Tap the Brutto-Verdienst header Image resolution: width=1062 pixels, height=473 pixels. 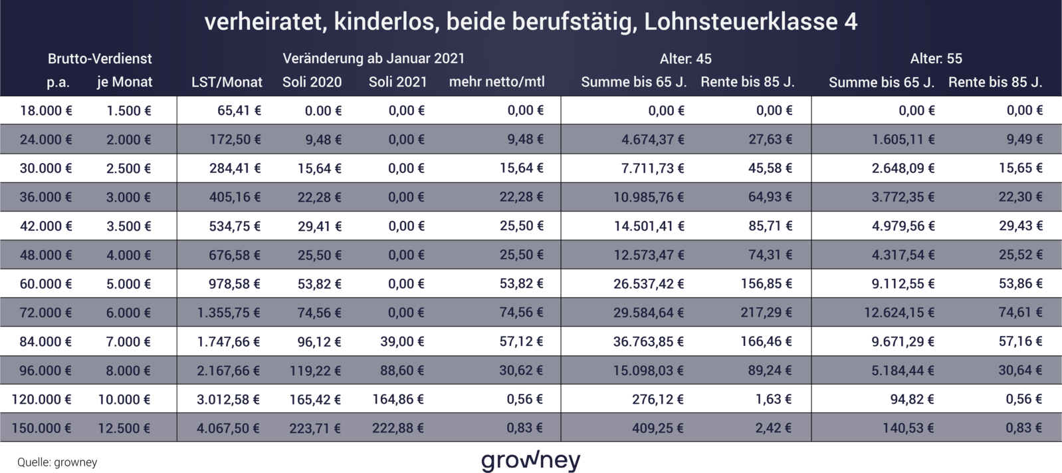click(100, 59)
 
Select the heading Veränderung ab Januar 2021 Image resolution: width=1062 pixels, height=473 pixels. click(373, 59)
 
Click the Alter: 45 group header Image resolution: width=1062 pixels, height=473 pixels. click(685, 59)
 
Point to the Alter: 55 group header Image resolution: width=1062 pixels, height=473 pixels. click(936, 59)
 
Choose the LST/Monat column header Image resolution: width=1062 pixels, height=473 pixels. click(227, 82)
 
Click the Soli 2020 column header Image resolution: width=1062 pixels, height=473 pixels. click(312, 82)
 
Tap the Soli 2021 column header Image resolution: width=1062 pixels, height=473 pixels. click(397, 82)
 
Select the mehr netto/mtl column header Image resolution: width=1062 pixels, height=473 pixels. click(496, 82)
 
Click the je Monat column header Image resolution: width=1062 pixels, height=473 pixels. click(124, 82)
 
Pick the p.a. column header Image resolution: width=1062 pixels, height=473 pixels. click(58, 82)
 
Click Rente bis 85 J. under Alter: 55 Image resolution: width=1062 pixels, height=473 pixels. click(995, 82)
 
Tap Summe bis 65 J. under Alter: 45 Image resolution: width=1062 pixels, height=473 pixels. click(633, 82)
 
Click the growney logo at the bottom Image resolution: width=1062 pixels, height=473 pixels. click(531, 460)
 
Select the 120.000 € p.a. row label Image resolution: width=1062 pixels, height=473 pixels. click(42, 400)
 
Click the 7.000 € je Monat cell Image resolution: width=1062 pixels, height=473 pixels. click(128, 342)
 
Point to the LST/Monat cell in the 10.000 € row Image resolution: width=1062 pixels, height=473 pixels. click(228, 400)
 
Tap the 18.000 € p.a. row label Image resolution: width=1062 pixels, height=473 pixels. click(46, 110)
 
